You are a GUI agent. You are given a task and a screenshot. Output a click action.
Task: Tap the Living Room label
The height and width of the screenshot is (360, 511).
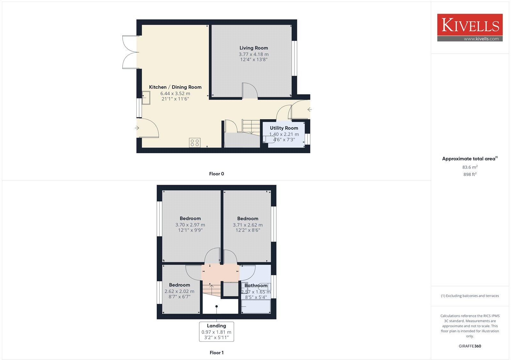(254, 48)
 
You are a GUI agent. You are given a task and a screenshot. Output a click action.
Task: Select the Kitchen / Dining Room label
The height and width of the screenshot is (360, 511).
(175, 87)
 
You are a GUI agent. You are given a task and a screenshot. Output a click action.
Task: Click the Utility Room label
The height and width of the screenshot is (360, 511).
(284, 128)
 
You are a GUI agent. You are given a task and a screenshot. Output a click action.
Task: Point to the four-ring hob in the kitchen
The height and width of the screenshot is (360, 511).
(195, 142)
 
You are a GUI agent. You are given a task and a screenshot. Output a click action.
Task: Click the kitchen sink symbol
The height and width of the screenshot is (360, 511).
(146, 98)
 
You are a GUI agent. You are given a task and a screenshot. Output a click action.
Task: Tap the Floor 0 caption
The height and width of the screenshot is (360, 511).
(217, 174)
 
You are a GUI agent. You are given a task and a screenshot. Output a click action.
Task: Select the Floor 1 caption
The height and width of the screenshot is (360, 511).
(217, 353)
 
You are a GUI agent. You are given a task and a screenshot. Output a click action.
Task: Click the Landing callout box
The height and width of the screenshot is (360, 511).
(217, 332)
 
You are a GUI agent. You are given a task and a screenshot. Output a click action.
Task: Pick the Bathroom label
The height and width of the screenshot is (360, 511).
(256, 286)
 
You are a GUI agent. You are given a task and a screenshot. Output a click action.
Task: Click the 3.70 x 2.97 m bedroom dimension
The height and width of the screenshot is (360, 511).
(190, 225)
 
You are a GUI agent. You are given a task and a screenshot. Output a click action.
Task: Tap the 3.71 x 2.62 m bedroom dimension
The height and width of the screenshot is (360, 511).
(248, 225)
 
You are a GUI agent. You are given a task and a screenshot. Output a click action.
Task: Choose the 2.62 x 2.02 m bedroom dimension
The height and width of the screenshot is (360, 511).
(179, 291)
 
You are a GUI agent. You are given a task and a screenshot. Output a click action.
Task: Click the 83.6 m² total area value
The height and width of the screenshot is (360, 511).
(470, 167)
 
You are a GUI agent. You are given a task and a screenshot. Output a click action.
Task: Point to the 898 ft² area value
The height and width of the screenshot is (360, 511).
(470, 175)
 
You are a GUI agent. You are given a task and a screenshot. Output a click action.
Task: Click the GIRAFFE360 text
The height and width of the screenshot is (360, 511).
(470, 346)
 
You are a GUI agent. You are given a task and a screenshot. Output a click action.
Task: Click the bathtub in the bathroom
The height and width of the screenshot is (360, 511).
(256, 306)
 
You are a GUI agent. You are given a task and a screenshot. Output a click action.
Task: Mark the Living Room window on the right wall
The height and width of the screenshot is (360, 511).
(295, 58)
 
